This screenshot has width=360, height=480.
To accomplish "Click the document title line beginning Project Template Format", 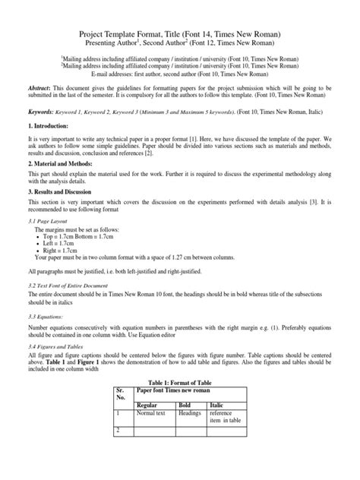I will (180, 34).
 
